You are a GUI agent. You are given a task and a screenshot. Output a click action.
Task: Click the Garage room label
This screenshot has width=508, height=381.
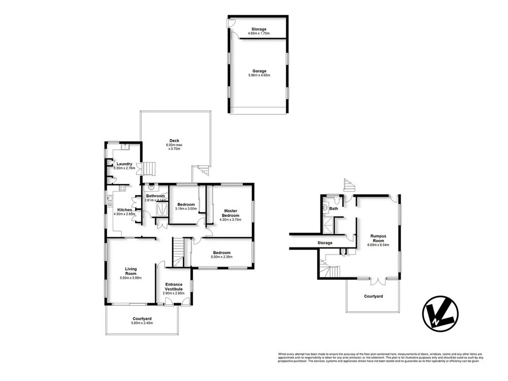click(x=259, y=71)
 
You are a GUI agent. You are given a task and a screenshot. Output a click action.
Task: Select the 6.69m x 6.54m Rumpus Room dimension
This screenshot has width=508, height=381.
click(x=378, y=245)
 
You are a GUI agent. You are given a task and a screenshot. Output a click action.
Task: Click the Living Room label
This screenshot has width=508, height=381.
click(x=131, y=271)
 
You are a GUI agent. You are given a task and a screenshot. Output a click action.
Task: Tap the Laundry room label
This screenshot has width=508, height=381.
click(x=124, y=164)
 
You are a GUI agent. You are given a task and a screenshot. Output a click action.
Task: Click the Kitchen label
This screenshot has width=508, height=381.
click(x=125, y=210)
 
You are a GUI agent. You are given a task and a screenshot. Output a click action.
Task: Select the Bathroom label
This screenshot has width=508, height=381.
click(x=155, y=196)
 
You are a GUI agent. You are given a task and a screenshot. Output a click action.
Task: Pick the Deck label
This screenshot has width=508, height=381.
click(x=174, y=141)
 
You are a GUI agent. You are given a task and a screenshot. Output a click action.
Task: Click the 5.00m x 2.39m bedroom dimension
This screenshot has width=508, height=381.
click(x=222, y=257)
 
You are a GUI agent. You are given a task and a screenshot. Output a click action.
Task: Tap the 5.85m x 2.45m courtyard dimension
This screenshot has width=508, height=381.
click(x=142, y=323)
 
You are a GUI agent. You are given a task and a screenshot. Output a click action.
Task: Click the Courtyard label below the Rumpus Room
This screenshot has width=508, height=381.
click(x=373, y=296)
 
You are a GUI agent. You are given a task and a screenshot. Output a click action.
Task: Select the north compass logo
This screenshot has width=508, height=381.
click(x=440, y=314)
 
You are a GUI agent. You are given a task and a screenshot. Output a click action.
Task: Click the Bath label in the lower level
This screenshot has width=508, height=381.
click(x=334, y=208)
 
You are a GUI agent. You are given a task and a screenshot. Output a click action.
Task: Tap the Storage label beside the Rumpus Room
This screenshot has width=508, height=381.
click(x=325, y=243)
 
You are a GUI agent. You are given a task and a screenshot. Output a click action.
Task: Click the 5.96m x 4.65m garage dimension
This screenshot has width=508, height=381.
click(x=259, y=75)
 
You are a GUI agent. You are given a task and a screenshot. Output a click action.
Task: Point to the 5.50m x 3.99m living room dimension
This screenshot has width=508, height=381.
click(x=131, y=278)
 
